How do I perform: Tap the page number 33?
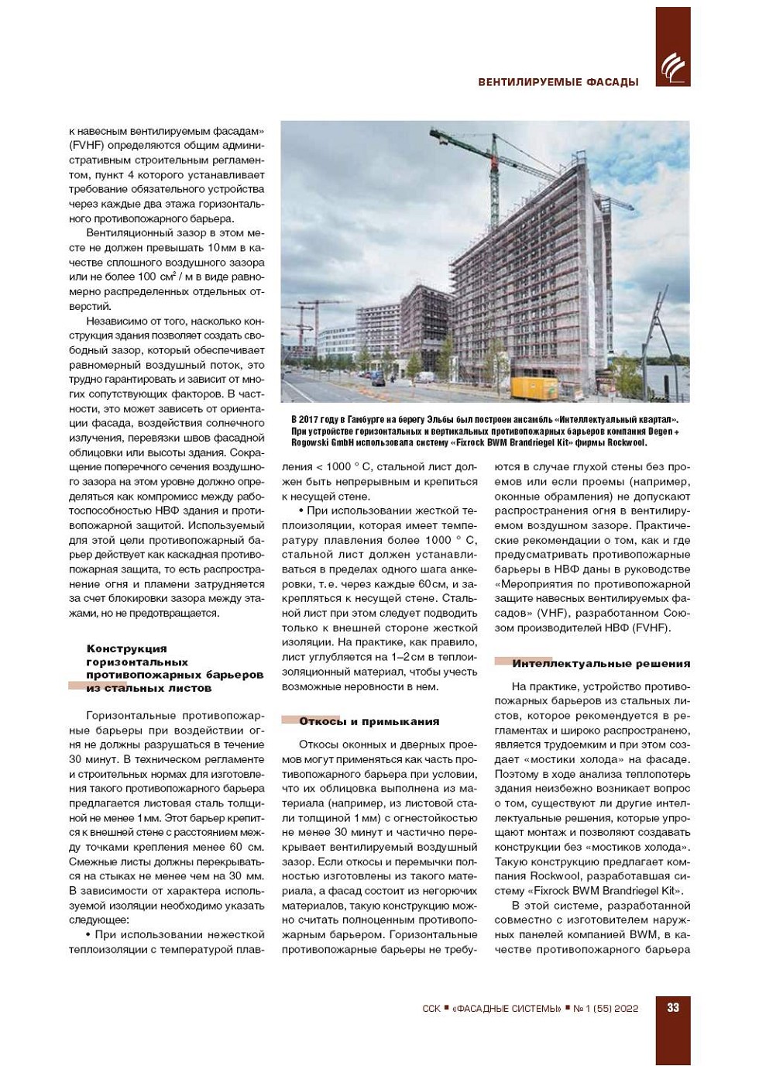(673, 1007)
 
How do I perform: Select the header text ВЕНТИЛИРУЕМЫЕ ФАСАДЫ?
(558, 81)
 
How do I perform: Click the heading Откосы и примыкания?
(369, 721)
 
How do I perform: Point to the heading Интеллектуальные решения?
(600, 663)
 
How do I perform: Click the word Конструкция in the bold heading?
(126, 648)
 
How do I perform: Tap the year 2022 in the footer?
(623, 1008)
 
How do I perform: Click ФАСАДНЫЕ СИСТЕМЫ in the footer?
(507, 1008)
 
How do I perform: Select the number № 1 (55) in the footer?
(592, 1008)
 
